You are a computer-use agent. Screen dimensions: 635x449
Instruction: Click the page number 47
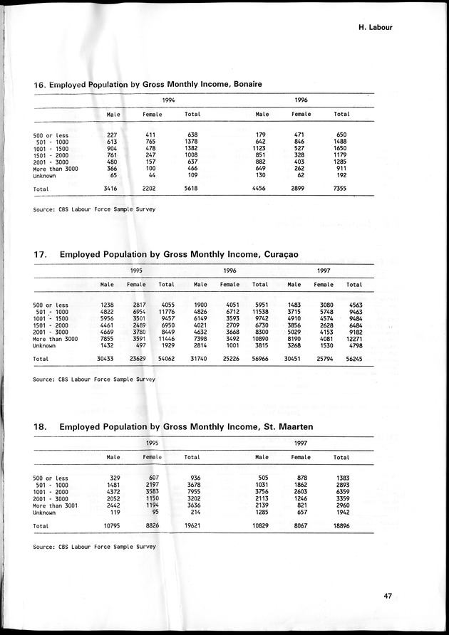[x=388, y=597]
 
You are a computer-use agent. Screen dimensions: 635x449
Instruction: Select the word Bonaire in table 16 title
[x=247, y=85]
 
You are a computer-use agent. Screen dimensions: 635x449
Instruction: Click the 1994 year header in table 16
[x=169, y=100]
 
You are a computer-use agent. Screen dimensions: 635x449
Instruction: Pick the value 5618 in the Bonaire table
[x=192, y=189]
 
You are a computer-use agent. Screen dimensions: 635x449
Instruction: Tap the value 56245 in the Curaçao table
[x=353, y=360]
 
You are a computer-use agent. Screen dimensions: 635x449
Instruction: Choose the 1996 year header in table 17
[x=229, y=271]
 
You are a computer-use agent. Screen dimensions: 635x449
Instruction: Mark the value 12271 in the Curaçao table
[x=354, y=339]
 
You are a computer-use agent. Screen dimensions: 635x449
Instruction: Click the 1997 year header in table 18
[x=301, y=443]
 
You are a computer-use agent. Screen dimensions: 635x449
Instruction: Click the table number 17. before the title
[x=40, y=254]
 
